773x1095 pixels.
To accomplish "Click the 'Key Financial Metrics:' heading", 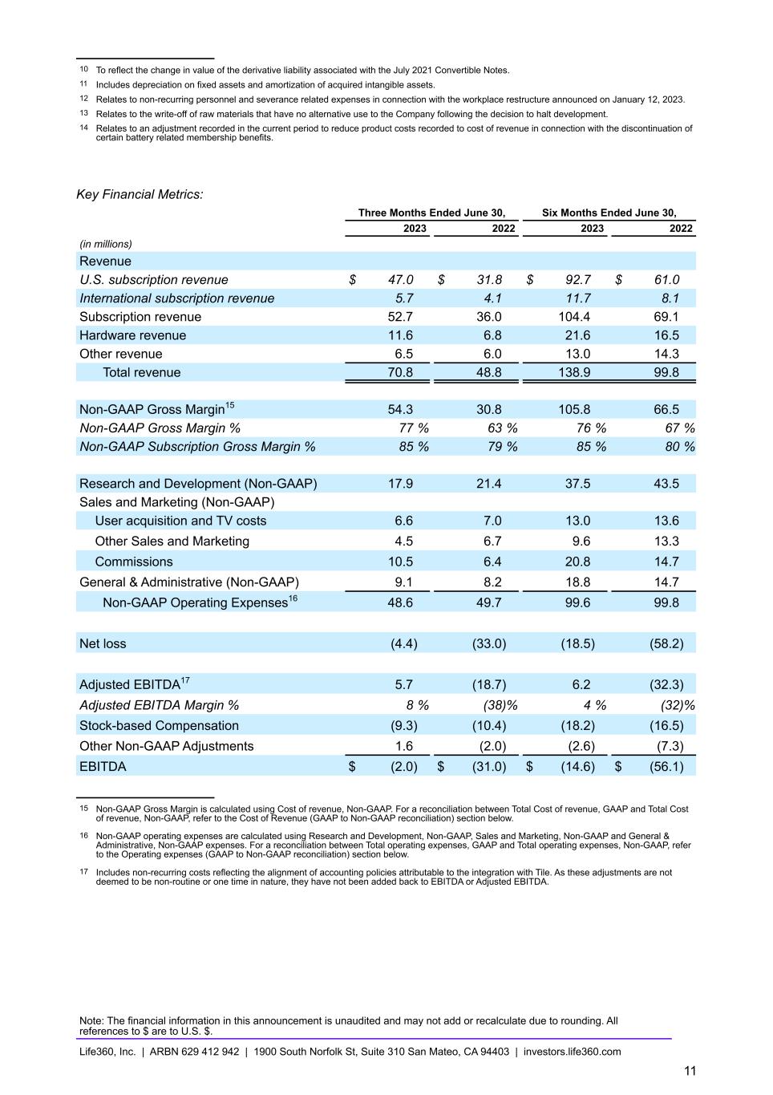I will [140, 194].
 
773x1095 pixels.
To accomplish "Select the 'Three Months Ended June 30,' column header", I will [431, 213].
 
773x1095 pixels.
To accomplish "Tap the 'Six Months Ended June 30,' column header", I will [609, 213].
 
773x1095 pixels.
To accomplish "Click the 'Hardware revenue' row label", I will [132, 335].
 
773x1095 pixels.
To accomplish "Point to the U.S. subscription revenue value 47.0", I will [400, 279].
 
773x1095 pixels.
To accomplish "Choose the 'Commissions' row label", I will [133, 562].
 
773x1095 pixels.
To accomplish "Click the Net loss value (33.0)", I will [488, 643].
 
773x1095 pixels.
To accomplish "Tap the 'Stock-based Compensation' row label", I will [159, 725].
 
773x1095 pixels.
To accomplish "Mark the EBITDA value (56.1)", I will [666, 766].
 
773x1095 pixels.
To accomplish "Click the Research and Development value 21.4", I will [488, 484].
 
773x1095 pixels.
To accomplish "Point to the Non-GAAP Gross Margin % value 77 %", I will [414, 428].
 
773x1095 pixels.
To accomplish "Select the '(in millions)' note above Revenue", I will [105, 244].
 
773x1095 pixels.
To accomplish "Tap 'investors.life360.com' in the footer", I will [572, 1052].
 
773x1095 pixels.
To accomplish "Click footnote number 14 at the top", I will [83, 128].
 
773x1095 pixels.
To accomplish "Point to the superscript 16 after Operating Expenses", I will [293, 598].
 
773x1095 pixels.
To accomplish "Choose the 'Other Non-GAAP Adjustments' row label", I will [166, 746].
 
